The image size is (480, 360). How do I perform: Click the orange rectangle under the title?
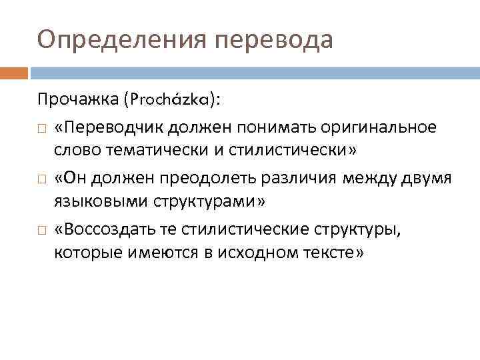pos(14,72)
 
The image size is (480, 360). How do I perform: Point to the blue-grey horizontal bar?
pos(254,72)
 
